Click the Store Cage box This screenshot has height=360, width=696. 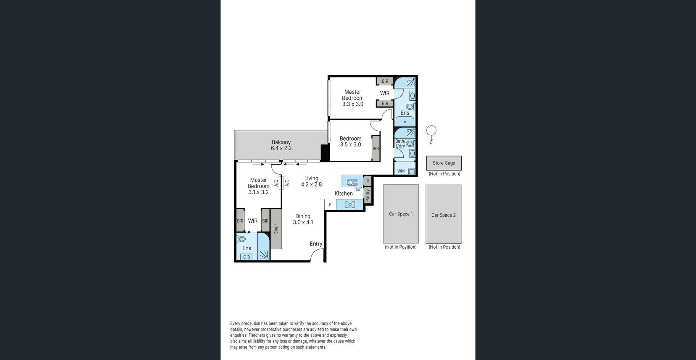click(x=444, y=163)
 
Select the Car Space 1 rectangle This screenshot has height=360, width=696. click(x=401, y=214)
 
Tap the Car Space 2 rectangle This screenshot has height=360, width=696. click(x=443, y=214)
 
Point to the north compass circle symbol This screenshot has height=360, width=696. click(x=431, y=131)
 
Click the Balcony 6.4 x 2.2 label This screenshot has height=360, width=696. click(x=281, y=145)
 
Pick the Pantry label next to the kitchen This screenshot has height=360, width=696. click(x=368, y=196)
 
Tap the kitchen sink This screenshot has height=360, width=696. click(x=352, y=182)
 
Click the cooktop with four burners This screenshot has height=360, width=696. click(x=350, y=205)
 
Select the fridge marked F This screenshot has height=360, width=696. click(x=330, y=205)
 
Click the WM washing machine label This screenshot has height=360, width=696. click(x=401, y=171)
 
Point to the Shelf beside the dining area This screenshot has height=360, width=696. click(x=276, y=229)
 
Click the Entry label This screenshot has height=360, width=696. click(x=316, y=244)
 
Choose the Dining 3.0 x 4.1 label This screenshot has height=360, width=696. click(x=303, y=219)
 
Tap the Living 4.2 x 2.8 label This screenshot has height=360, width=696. click(x=311, y=181)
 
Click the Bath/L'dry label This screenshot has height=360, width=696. click(x=400, y=143)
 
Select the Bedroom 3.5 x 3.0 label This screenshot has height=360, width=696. click(x=350, y=141)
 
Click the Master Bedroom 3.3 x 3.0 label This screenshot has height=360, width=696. click(x=353, y=98)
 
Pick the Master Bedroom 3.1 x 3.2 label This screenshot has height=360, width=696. click(x=258, y=186)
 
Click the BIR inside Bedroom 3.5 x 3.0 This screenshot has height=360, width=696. click(x=376, y=148)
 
